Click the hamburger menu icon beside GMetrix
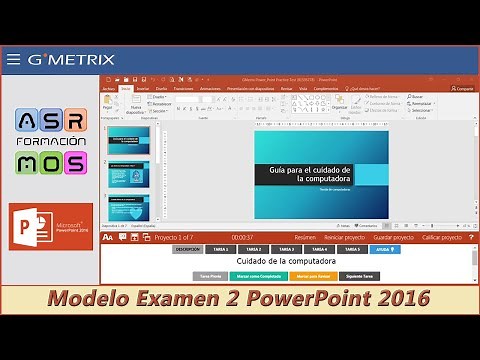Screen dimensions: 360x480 [13, 60]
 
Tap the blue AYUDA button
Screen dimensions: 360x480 [385, 249]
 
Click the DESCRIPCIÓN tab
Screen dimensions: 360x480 [187, 249]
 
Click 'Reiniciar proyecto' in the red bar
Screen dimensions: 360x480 [344, 237]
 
